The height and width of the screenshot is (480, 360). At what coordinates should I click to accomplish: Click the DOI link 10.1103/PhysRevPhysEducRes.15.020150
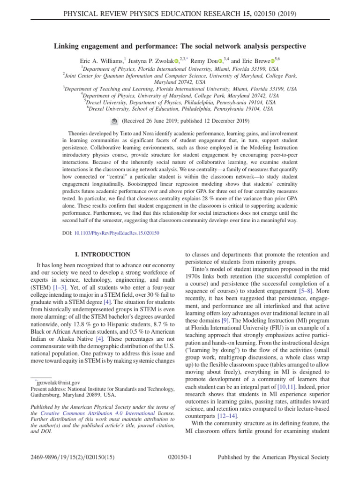117,233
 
